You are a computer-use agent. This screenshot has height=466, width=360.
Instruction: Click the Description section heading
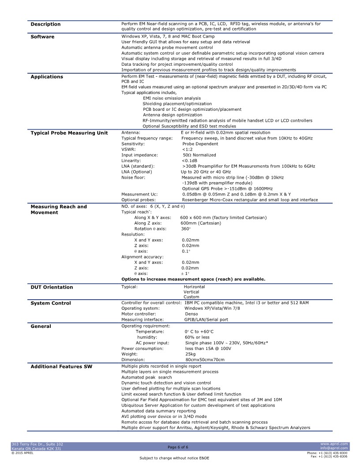click(45, 24)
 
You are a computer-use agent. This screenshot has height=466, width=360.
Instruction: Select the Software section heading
click(42, 37)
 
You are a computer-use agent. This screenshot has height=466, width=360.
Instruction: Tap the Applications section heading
click(47, 77)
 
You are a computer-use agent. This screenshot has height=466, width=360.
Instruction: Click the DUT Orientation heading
click(52, 287)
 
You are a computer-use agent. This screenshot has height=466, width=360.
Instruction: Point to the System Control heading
click(51, 303)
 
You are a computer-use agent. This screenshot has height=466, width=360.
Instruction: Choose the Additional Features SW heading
click(61, 367)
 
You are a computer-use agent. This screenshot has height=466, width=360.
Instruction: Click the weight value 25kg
click(190, 354)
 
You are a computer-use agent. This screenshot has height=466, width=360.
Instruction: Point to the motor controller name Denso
click(191, 314)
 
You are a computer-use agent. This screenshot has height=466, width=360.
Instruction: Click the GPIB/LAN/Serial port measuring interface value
click(206, 319)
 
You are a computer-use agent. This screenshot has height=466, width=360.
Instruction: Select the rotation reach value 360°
click(186, 229)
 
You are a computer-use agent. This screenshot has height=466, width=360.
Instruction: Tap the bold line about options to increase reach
click(193, 279)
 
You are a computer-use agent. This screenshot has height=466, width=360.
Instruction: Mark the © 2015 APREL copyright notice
click(22, 453)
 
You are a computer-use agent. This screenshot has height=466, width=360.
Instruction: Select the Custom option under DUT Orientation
click(191, 297)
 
